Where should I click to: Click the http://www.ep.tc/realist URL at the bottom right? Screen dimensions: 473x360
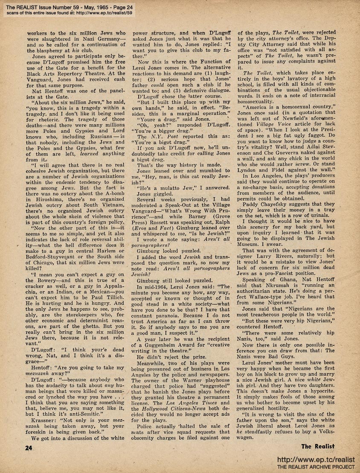click(316, 460)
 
